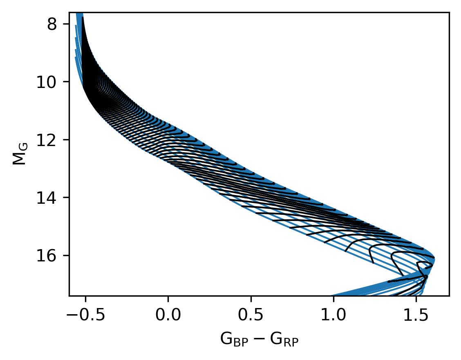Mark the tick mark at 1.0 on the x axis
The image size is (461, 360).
(x=333, y=297)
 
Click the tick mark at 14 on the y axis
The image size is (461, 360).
(x=67, y=198)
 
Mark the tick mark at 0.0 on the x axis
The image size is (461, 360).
(x=168, y=297)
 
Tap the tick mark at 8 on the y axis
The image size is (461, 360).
(x=67, y=24)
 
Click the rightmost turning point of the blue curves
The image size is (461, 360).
(x=434, y=259)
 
